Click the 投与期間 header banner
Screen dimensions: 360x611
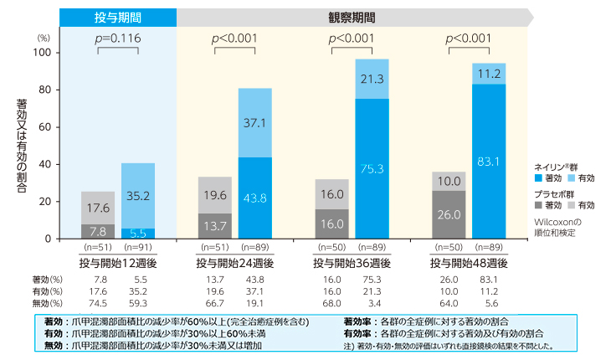[x=118, y=16]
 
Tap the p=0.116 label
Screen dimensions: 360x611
[x=118, y=39]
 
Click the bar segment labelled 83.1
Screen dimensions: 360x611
[x=488, y=162]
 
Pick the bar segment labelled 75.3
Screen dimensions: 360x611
[x=372, y=168]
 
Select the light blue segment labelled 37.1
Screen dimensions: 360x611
[x=255, y=122]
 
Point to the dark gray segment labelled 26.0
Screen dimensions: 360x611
[x=448, y=214]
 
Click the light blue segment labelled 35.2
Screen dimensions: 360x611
[x=138, y=196]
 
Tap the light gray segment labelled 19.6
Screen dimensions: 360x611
[x=214, y=195]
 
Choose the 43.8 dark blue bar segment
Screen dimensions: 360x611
[x=255, y=198]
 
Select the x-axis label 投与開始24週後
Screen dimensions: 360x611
[x=234, y=262]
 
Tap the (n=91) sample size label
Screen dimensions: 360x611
[x=138, y=248]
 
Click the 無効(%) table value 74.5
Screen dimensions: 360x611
[x=98, y=303]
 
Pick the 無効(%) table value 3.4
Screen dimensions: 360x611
[x=372, y=303]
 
